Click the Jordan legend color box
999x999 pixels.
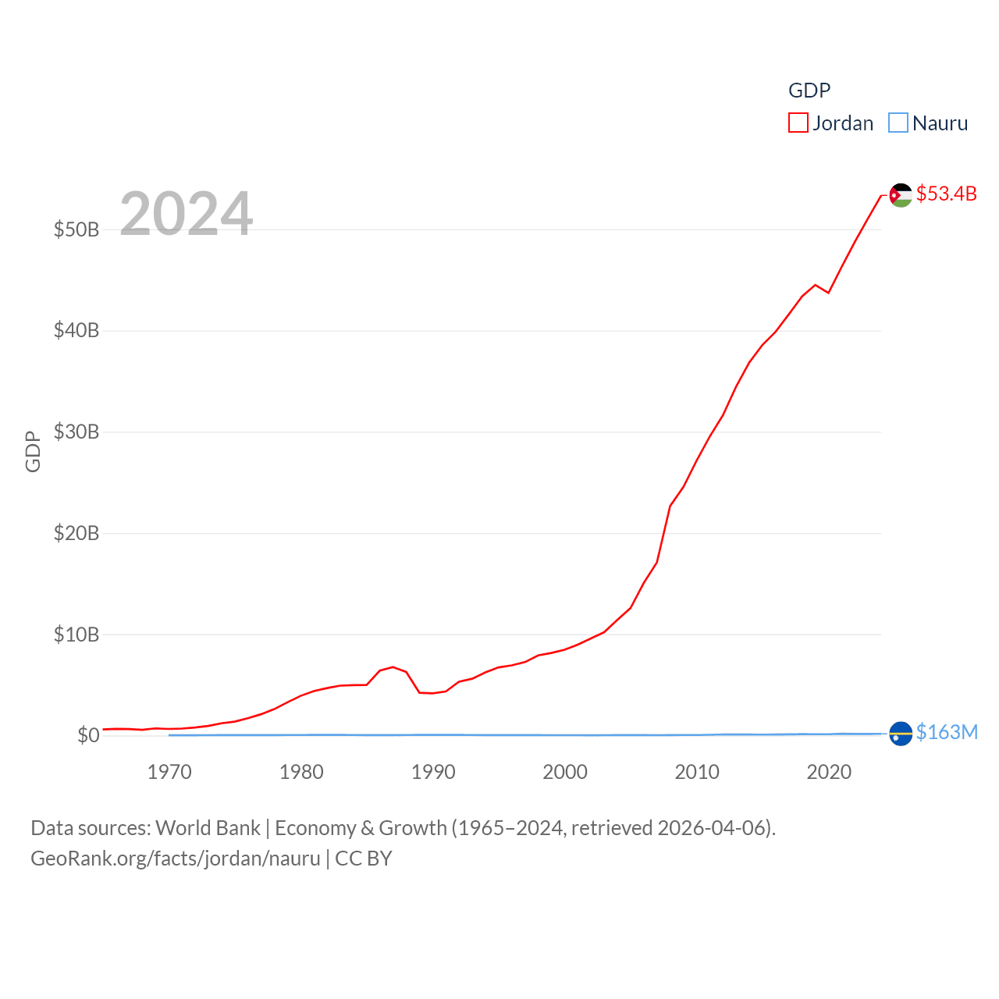pyautogui.click(x=798, y=123)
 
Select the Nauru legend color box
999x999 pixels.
pyautogui.click(x=898, y=123)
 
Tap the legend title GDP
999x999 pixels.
pyautogui.click(x=809, y=91)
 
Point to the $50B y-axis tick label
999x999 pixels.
pyautogui.click(x=76, y=229)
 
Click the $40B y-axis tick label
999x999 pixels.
pyautogui.click(x=76, y=330)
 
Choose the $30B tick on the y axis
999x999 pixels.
pyautogui.click(x=76, y=432)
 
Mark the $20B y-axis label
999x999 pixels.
pyautogui.click(x=76, y=533)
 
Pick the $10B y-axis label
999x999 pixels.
pyautogui.click(x=76, y=635)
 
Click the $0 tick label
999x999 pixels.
pyautogui.click(x=88, y=735)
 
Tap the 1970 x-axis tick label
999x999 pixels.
pyautogui.click(x=169, y=772)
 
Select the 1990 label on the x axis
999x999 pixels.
pyautogui.click(x=433, y=772)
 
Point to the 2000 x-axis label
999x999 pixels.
pyautogui.click(x=565, y=772)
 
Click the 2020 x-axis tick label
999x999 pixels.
pyautogui.click(x=829, y=772)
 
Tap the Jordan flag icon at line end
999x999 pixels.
pyautogui.click(x=901, y=195)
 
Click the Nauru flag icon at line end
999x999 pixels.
pyautogui.click(x=901, y=734)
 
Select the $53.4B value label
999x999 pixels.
pyautogui.click(x=946, y=194)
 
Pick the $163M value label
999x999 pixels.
pyautogui.click(x=947, y=732)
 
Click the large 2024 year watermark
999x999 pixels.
pyautogui.click(x=186, y=213)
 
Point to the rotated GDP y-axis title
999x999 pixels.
pyautogui.click(x=33, y=451)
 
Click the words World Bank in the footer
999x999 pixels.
pyautogui.click(x=208, y=827)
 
